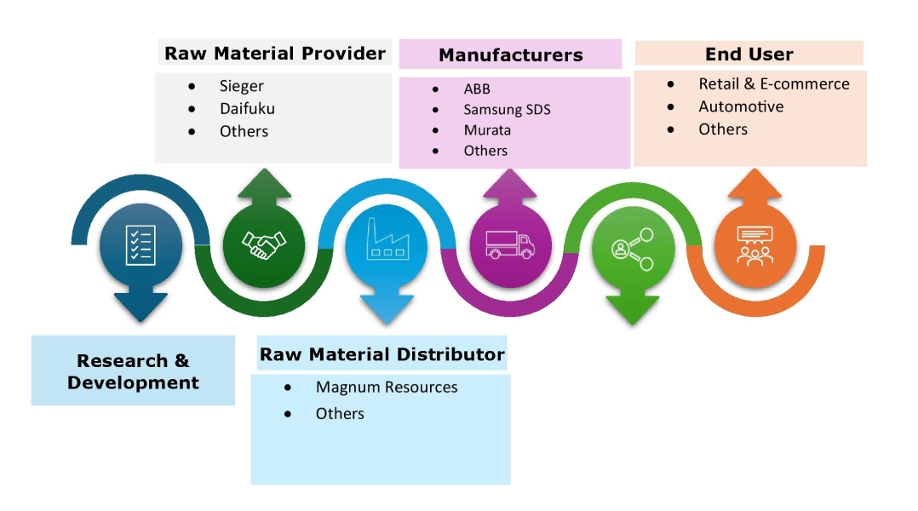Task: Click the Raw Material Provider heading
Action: [x=274, y=54]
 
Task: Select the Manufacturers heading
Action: [x=510, y=55]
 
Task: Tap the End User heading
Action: [x=749, y=55]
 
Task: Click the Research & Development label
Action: [x=133, y=372]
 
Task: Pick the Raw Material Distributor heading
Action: [x=382, y=354]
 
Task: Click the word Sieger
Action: [x=242, y=86]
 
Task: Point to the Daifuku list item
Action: [x=247, y=108]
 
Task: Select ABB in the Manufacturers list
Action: [x=477, y=89]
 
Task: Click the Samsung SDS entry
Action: [x=507, y=110]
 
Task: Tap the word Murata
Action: [x=487, y=130]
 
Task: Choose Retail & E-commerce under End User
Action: [x=773, y=83]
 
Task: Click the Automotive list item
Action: [x=741, y=106]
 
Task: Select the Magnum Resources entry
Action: [x=387, y=388]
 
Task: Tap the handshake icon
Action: [x=264, y=245]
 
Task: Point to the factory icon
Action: [x=386, y=242]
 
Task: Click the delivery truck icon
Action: [x=510, y=245]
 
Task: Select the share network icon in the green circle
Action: [x=632, y=248]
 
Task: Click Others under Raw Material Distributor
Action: [x=340, y=414]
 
